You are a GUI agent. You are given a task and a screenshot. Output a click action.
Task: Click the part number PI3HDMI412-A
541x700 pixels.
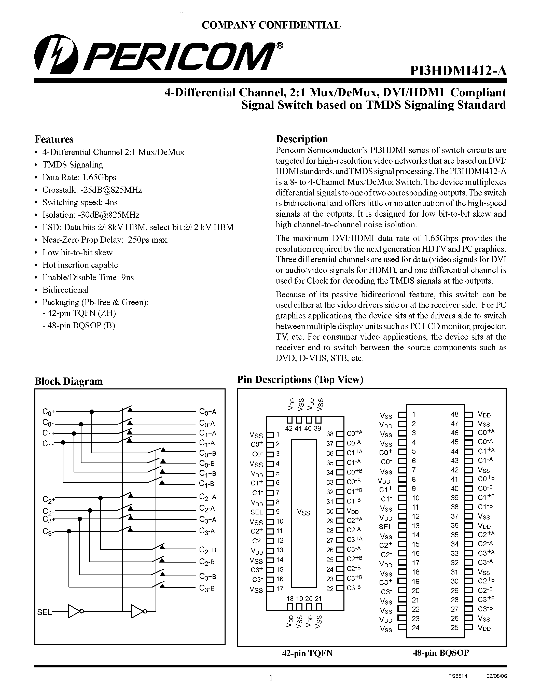tap(458, 70)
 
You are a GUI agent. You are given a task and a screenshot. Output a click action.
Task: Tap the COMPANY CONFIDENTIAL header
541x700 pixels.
tap(271, 25)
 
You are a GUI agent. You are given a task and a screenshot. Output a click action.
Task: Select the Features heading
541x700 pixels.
tap(54, 139)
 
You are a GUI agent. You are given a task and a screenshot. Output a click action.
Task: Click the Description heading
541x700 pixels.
tap(302, 139)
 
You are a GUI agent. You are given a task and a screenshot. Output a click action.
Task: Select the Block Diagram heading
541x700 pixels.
tap(68, 381)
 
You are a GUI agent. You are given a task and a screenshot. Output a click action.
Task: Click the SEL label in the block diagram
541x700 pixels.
tap(44, 612)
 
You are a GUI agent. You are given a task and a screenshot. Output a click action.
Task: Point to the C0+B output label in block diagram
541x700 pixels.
tap(207, 453)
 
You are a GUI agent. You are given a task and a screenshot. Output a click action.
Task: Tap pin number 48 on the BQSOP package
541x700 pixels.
tap(454, 414)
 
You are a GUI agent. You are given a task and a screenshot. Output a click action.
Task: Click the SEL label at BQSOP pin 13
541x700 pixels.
tap(385, 527)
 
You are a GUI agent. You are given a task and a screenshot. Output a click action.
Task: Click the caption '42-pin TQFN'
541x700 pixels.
tap(307, 653)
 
